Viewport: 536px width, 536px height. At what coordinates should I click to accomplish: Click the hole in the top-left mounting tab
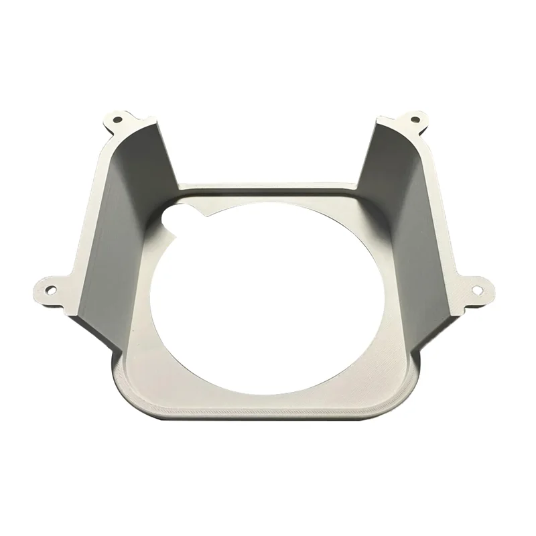click(118, 121)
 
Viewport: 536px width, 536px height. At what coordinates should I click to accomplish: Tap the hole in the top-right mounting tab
click(415, 120)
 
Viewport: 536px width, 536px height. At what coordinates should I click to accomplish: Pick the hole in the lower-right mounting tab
click(477, 290)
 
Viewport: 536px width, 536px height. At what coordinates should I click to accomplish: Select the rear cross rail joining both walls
click(268, 187)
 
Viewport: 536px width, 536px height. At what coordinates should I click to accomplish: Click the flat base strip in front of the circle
click(268, 399)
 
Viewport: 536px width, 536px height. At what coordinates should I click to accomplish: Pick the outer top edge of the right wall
click(435, 201)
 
